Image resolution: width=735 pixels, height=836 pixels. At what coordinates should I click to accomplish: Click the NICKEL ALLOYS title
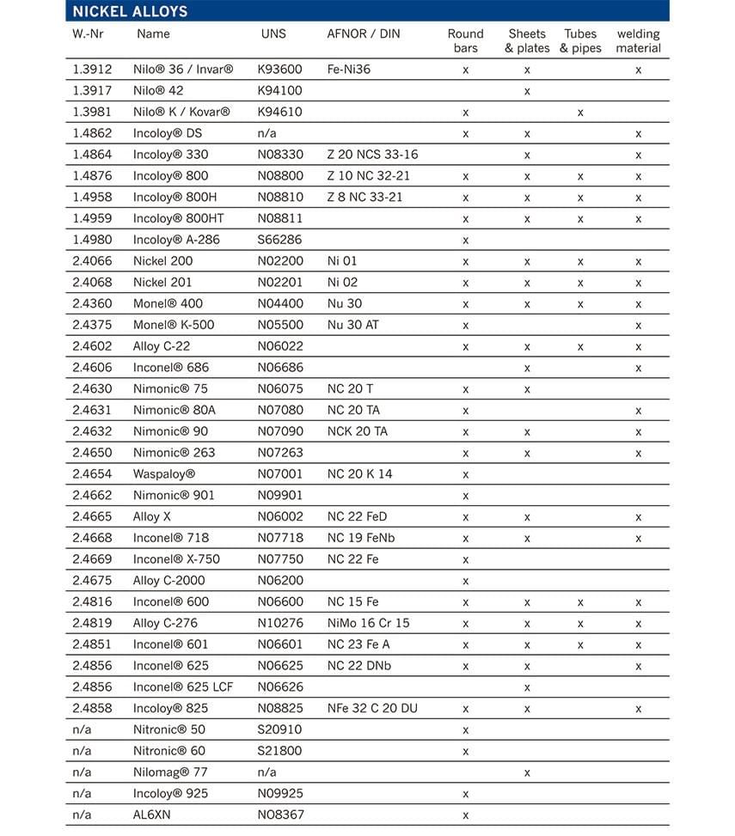tap(130, 11)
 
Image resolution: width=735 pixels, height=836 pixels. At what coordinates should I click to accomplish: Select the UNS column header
tap(273, 34)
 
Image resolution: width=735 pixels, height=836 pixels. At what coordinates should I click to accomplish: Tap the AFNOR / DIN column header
tap(364, 34)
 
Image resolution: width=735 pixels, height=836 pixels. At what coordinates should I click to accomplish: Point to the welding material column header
tap(638, 41)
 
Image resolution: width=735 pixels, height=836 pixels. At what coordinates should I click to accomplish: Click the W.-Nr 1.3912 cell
tap(92, 70)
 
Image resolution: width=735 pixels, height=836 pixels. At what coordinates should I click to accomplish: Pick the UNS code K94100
tap(280, 90)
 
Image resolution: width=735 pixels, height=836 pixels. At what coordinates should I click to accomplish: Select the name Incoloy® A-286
tap(176, 240)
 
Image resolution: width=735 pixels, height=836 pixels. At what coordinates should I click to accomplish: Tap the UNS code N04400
tap(280, 303)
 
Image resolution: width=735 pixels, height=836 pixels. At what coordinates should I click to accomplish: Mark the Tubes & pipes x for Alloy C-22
tap(580, 346)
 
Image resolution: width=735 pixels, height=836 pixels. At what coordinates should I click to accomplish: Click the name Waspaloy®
tap(164, 474)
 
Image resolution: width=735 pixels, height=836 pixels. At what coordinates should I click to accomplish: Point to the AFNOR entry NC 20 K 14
tap(359, 474)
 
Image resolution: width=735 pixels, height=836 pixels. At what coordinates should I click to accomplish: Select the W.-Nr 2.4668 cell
tap(92, 538)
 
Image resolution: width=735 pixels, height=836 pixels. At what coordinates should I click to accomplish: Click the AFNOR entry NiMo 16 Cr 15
tap(368, 623)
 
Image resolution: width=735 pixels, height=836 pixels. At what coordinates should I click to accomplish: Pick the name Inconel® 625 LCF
tap(183, 687)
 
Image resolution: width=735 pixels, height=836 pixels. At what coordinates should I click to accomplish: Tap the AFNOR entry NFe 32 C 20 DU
tap(372, 708)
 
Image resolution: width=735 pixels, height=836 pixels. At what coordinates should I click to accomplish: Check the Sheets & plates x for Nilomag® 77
tap(527, 772)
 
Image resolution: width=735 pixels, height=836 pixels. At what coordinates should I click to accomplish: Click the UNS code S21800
tap(280, 751)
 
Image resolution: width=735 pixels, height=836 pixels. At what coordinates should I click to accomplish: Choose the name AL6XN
tap(152, 815)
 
